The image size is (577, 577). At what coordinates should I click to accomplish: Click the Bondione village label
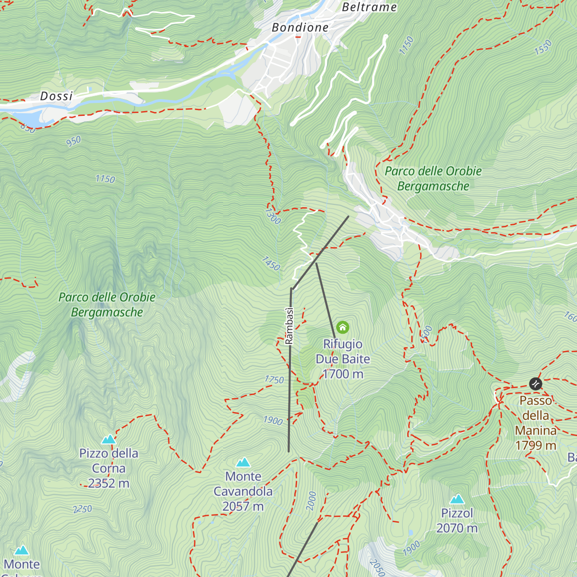coord(300,27)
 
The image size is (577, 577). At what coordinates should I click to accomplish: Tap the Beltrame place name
coord(369,7)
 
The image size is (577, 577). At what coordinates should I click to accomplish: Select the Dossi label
coord(56,96)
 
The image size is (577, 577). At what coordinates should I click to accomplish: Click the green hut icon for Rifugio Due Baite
coord(342,328)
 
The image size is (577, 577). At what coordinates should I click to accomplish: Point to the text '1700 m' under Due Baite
coord(343,374)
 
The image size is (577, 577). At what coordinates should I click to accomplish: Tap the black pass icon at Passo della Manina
coord(536,384)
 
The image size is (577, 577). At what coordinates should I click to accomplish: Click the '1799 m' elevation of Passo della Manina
coord(536,445)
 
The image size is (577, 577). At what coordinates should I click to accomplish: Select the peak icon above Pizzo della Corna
coord(109,439)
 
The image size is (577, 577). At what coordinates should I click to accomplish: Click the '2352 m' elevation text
coord(109,483)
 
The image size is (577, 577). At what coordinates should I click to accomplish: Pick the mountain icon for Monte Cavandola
coord(243,462)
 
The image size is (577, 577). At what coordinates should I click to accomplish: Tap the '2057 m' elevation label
coord(243,506)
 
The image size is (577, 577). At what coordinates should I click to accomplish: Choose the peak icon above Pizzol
coord(457,499)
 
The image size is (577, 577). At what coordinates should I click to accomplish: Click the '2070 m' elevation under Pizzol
coord(457,528)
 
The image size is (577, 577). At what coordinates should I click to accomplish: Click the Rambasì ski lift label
coord(289,326)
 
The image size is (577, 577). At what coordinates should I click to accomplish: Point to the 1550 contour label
coord(543,47)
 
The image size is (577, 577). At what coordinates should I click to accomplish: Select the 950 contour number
coord(74,141)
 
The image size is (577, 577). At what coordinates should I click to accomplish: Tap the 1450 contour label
coord(271,263)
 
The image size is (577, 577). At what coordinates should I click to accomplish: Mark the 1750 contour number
coord(274,379)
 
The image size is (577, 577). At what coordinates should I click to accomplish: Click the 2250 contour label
coord(82,509)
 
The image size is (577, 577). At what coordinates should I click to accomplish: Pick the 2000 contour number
coord(312,501)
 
